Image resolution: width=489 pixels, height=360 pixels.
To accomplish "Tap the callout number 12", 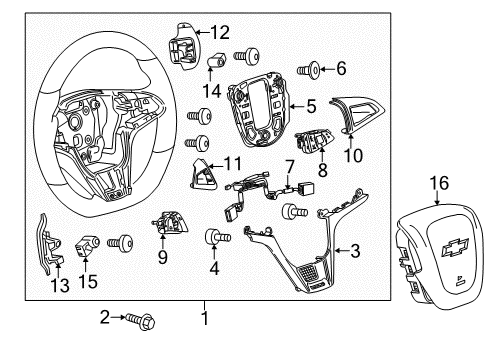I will (x=219, y=31).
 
